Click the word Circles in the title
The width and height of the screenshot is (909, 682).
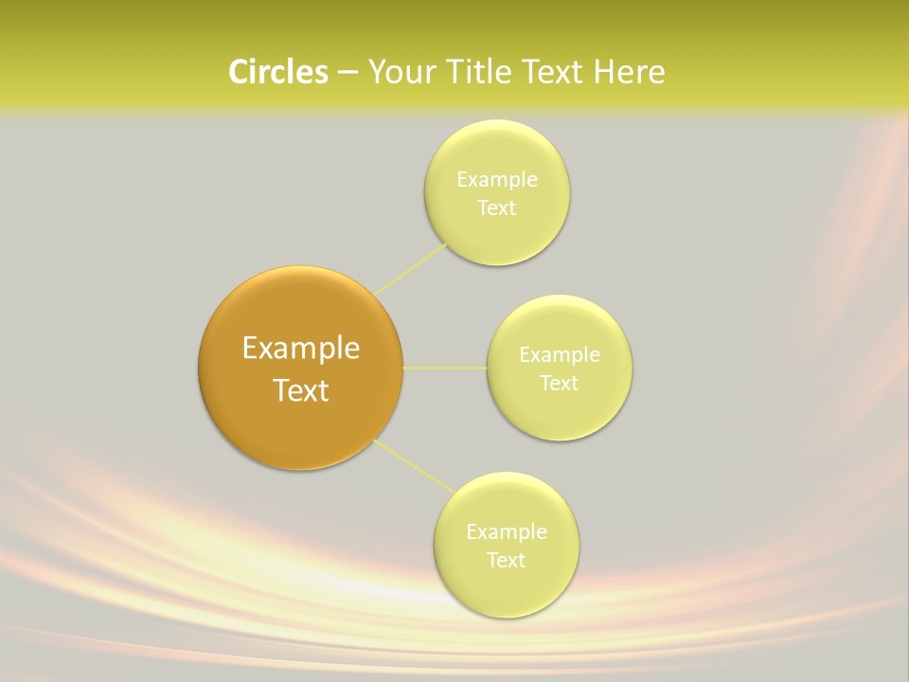[x=277, y=72]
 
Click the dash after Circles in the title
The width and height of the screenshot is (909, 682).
[x=348, y=73]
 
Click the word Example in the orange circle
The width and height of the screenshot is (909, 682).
[x=301, y=349]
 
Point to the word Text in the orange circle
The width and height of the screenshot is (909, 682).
[x=301, y=390]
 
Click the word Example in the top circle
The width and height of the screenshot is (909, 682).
[x=497, y=180]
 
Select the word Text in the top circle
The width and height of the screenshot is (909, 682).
[x=497, y=208]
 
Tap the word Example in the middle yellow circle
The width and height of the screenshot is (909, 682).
[x=560, y=355]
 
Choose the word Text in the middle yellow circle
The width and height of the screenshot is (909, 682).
[x=560, y=384]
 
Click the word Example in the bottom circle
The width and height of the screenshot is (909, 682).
[x=507, y=532]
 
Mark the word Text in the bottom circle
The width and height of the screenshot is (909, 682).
[x=507, y=561]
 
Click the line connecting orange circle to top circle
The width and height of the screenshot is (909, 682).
[x=411, y=268]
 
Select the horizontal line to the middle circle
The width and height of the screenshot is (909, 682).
[x=445, y=368]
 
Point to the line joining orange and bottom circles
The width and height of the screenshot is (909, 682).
[x=415, y=466]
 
